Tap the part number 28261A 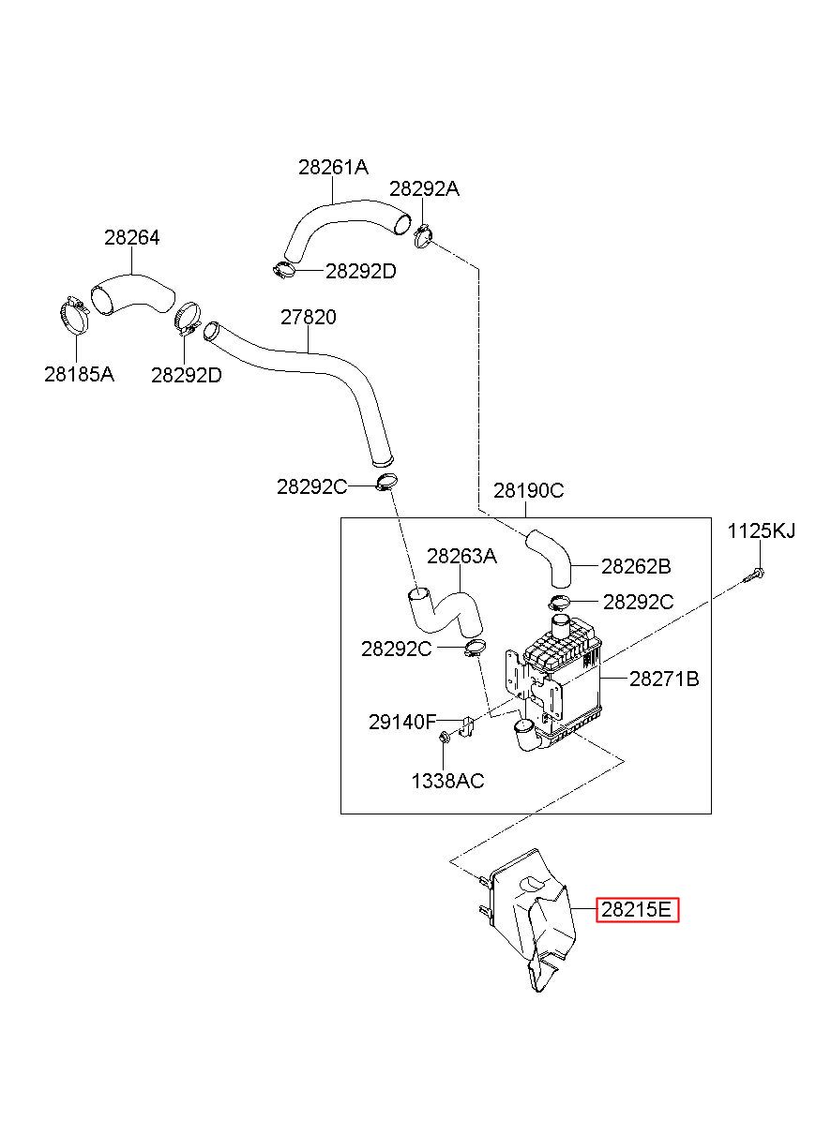click(333, 167)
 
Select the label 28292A click(424, 189)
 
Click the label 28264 click(132, 238)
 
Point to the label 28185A click(79, 375)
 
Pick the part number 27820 click(309, 317)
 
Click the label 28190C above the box click(528, 490)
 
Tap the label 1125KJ click(761, 531)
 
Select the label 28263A click(461, 557)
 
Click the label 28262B click(636, 566)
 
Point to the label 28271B click(664, 679)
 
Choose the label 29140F click(402, 722)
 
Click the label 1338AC click(447, 781)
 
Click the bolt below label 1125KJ click(754, 575)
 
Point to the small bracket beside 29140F click(467, 726)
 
